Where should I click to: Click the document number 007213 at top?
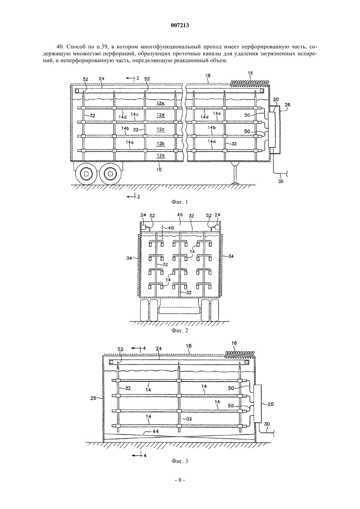point(180,26)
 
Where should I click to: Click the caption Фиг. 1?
point(180,202)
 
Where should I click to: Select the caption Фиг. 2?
point(180,330)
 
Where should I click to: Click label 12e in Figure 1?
point(160,103)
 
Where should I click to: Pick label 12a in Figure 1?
point(160,155)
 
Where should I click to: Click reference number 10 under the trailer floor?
point(159,169)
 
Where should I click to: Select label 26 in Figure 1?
point(287,105)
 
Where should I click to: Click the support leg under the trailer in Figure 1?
point(235,173)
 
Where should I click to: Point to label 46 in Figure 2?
point(180,215)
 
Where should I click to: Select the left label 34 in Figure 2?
point(129,258)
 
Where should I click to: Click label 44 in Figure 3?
point(156,431)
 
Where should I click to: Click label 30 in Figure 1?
point(281,182)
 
